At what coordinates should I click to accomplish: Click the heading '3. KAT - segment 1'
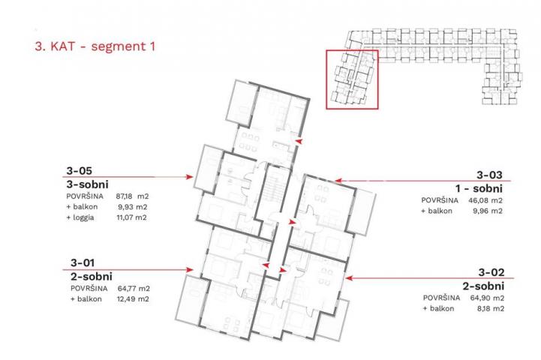95,46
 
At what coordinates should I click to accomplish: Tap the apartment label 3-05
79,171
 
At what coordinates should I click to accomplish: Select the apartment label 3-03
489,175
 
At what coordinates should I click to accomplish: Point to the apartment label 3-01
82,262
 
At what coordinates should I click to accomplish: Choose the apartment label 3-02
491,272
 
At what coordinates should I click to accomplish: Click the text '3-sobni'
87,184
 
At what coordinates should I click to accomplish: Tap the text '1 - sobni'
479,188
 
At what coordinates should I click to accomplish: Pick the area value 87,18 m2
132,196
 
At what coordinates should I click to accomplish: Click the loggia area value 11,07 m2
131,217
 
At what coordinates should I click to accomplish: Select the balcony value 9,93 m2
133,207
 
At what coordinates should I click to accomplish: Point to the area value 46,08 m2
485,200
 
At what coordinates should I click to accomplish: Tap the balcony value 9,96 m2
488,211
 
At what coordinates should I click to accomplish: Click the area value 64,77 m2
133,288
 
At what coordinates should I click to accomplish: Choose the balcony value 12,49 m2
133,299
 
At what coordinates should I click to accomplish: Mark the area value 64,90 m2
487,298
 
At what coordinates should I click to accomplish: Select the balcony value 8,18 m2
490,308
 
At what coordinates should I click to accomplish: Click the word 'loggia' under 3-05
83,218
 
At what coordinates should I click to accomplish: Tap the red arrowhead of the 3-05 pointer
189,177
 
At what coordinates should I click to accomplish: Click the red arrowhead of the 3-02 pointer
348,278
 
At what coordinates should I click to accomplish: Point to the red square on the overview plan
326,79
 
